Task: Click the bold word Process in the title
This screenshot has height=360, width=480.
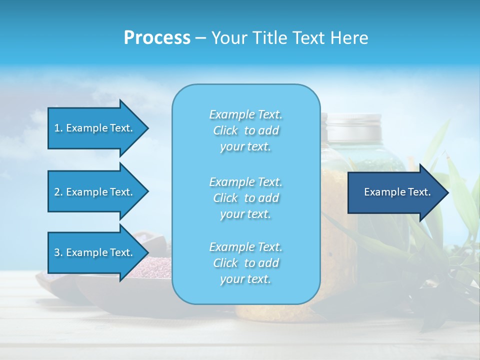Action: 157,38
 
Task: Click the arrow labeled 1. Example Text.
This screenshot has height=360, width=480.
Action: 95,128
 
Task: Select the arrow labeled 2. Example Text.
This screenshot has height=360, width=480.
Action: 95,192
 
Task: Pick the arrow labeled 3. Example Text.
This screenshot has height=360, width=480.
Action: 95,252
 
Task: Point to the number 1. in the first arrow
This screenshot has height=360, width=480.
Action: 58,128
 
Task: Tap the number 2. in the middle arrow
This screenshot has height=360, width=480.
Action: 58,192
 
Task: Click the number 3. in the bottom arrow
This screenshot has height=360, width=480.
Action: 58,252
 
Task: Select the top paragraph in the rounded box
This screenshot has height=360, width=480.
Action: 245,130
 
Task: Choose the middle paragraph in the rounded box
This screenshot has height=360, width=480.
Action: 245,198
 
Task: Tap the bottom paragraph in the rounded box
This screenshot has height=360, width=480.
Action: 245,263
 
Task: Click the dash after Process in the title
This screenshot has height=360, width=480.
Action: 200,38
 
